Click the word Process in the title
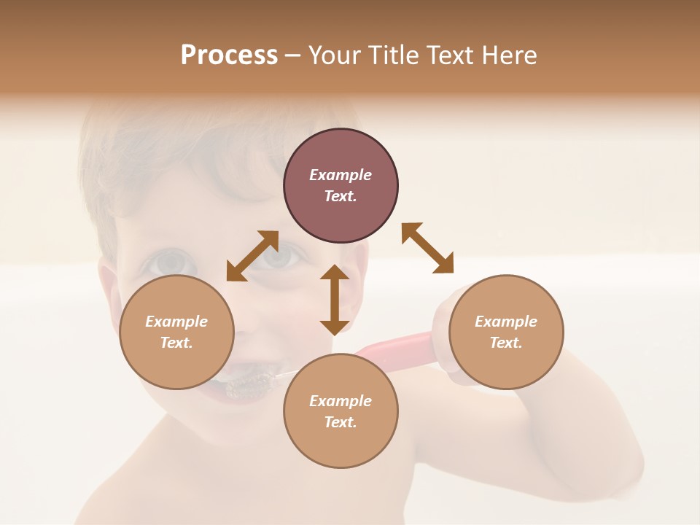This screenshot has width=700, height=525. (229, 55)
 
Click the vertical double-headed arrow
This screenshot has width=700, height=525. (335, 300)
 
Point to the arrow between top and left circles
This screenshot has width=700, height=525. (252, 256)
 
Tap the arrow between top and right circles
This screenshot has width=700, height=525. (427, 248)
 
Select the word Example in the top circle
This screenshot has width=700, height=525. (341, 175)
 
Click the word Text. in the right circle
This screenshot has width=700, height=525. (505, 343)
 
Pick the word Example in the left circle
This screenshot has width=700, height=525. (176, 322)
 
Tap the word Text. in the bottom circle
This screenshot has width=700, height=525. (341, 422)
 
